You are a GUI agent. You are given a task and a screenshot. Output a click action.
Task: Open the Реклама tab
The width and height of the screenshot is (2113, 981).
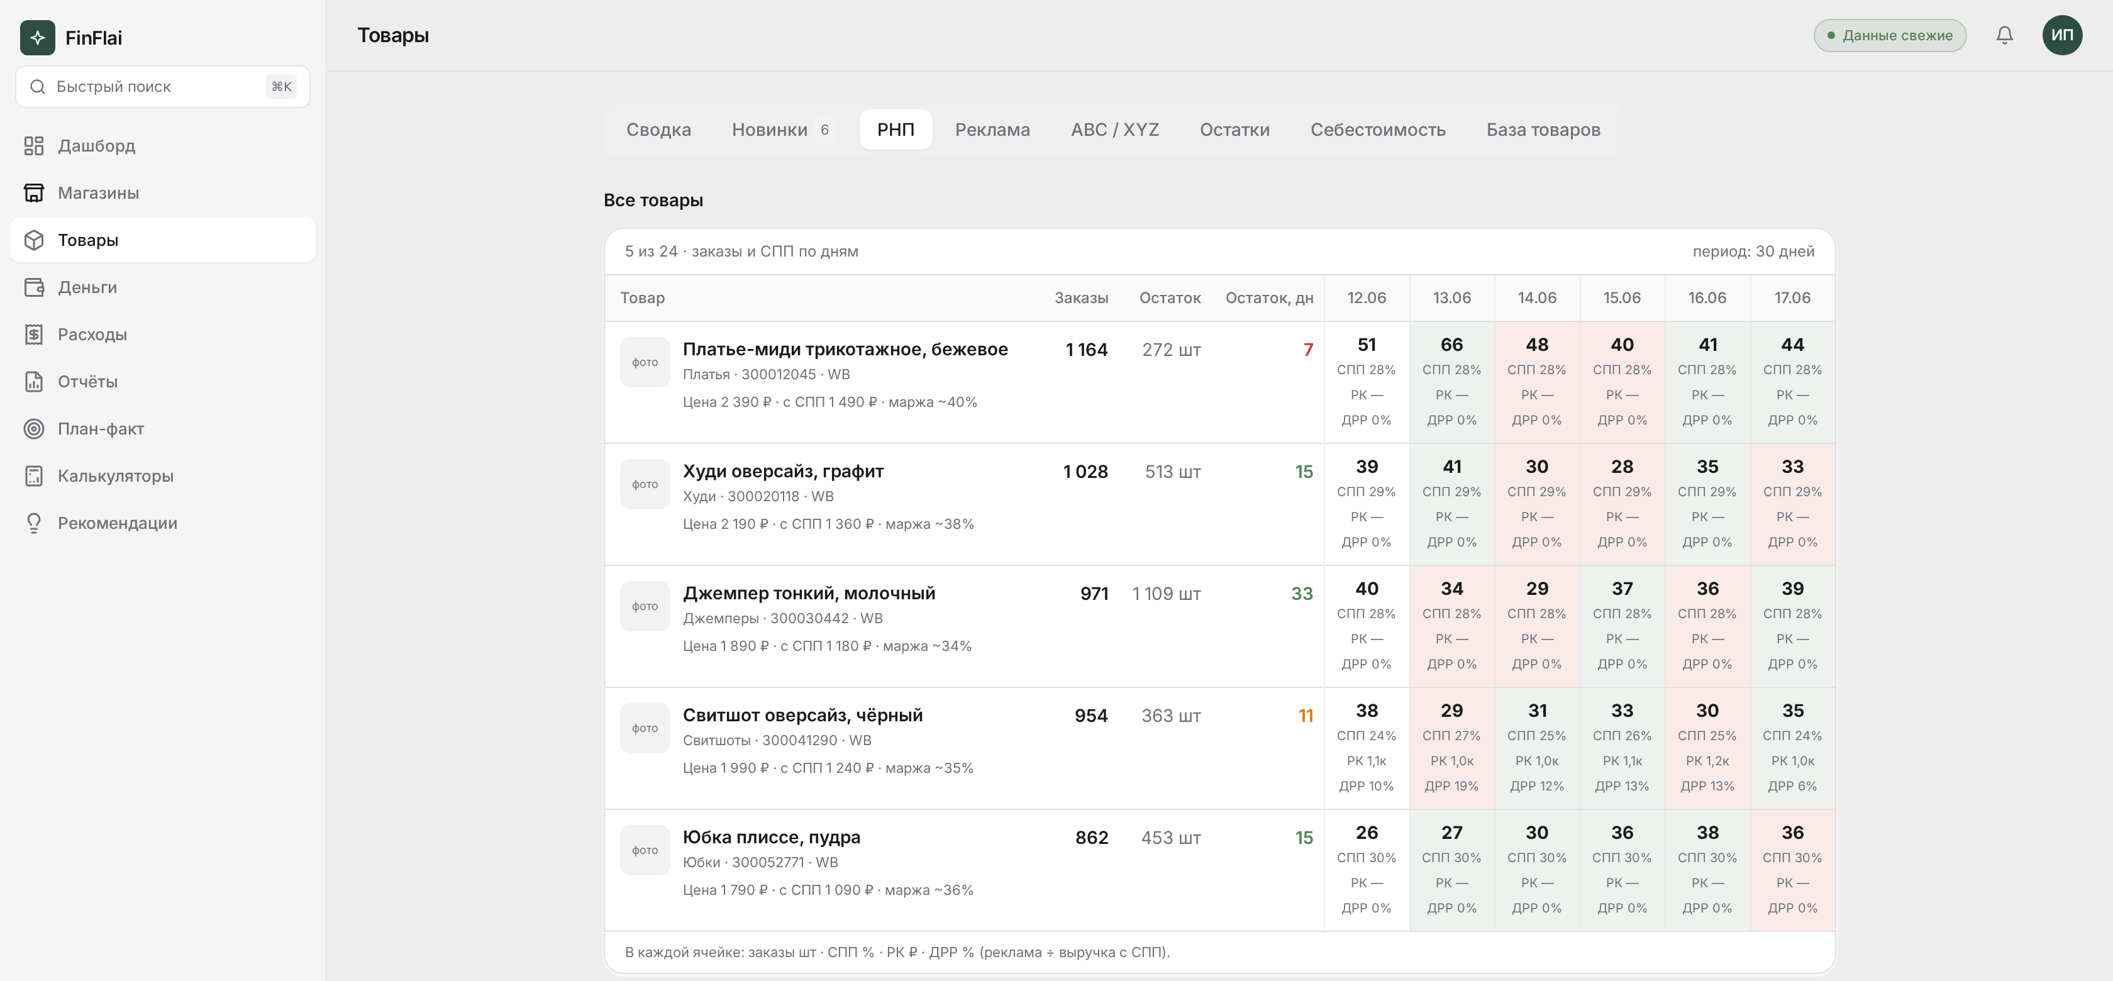[992, 130]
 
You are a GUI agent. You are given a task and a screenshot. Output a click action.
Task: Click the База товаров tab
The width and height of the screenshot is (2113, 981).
[1543, 130]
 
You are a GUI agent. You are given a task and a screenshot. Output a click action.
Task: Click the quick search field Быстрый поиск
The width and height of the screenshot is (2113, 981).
[162, 87]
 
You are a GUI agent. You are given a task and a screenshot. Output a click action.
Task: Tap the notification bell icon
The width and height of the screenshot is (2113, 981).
[2005, 35]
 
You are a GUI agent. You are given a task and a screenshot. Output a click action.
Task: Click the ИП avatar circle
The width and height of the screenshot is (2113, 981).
[2062, 35]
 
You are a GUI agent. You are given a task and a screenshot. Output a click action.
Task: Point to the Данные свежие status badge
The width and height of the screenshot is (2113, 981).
[1890, 35]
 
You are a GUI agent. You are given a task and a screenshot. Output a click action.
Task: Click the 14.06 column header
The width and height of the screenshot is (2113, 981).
[1537, 297]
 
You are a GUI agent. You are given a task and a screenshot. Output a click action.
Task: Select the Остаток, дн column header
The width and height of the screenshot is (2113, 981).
[1269, 297]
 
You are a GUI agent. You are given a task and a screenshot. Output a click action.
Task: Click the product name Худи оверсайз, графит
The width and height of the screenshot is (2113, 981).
[784, 471]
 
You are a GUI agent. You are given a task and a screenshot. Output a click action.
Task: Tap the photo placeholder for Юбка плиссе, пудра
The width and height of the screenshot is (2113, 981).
[645, 850]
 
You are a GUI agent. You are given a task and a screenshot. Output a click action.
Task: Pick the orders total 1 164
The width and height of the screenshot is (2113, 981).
[1087, 350]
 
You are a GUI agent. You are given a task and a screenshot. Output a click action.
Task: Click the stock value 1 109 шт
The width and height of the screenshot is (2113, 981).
[1167, 593]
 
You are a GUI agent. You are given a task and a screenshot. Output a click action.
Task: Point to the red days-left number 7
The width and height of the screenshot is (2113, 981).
[1308, 350]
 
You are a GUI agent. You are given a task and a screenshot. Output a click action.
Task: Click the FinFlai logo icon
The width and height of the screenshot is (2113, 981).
[38, 38]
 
